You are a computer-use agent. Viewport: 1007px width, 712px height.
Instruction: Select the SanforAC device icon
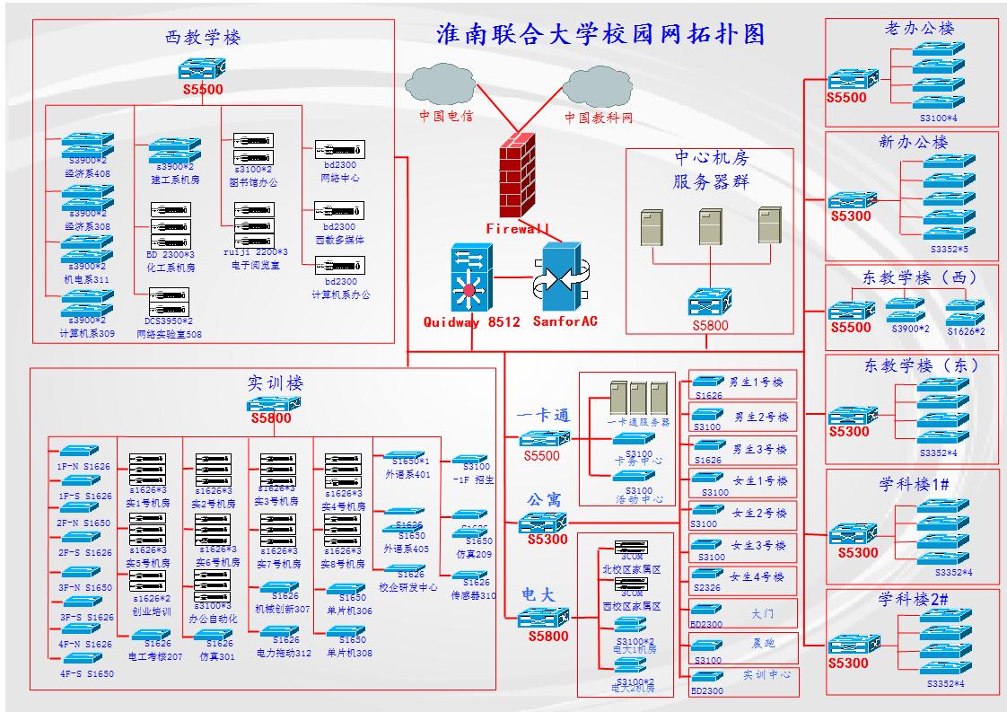(x=561, y=278)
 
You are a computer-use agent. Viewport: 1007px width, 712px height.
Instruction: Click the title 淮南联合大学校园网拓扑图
(x=600, y=34)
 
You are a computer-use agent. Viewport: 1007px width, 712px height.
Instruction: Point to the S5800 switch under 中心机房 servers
(x=710, y=301)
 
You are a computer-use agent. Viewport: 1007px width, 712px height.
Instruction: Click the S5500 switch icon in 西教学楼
(x=202, y=69)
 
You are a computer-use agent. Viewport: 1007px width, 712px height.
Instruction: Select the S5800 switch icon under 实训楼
(x=274, y=404)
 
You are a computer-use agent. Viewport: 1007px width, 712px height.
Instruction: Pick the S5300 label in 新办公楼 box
(x=850, y=216)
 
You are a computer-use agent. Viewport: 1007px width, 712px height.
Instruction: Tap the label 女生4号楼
(x=757, y=576)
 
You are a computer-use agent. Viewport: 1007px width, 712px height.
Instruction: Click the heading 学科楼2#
(x=911, y=600)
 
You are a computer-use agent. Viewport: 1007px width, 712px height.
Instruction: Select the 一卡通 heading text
(x=544, y=416)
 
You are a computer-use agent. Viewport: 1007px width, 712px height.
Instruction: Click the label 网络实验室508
(x=169, y=334)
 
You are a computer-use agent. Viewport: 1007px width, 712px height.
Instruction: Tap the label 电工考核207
(x=154, y=656)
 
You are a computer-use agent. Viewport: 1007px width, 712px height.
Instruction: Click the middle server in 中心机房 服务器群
(x=710, y=226)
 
